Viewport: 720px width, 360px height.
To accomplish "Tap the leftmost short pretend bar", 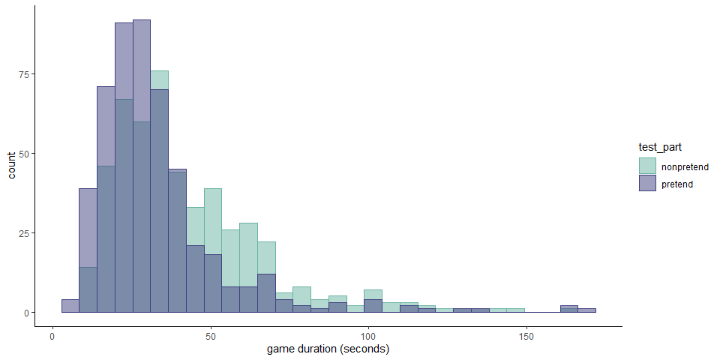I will click(70, 306).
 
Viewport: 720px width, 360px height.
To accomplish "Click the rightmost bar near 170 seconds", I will click(586, 310).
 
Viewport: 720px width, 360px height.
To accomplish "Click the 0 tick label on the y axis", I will click(25, 313).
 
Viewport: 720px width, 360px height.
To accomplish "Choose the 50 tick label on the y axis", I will click(22, 154).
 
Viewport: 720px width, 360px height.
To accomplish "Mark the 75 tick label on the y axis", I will click(22, 74).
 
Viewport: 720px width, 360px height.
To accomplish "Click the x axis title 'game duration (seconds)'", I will click(328, 349).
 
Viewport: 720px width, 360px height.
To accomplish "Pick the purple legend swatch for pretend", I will click(646, 184).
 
